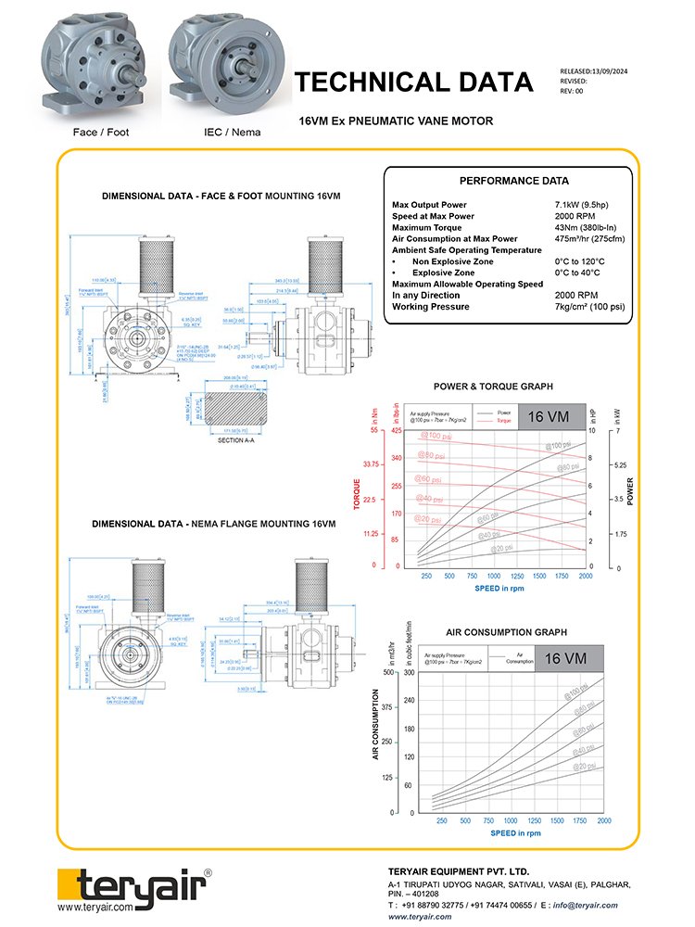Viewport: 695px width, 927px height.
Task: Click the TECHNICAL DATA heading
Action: tap(413, 83)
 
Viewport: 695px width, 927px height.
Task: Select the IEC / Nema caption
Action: tap(232, 132)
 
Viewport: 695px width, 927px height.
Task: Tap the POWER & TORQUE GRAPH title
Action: tap(493, 387)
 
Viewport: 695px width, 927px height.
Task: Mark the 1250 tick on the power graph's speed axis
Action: tap(518, 576)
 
